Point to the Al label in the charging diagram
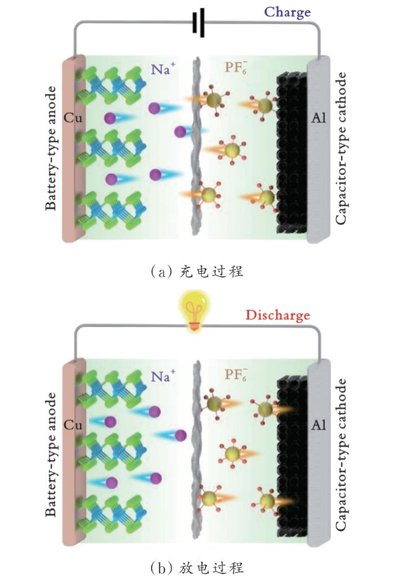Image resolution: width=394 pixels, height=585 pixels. pyautogui.click(x=319, y=119)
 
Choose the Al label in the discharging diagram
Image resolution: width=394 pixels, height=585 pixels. pyautogui.click(x=319, y=426)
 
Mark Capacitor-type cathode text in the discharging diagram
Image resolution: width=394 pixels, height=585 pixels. pyautogui.click(x=342, y=454)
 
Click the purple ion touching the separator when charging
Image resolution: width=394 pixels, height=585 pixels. pyautogui.click(x=181, y=132)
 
